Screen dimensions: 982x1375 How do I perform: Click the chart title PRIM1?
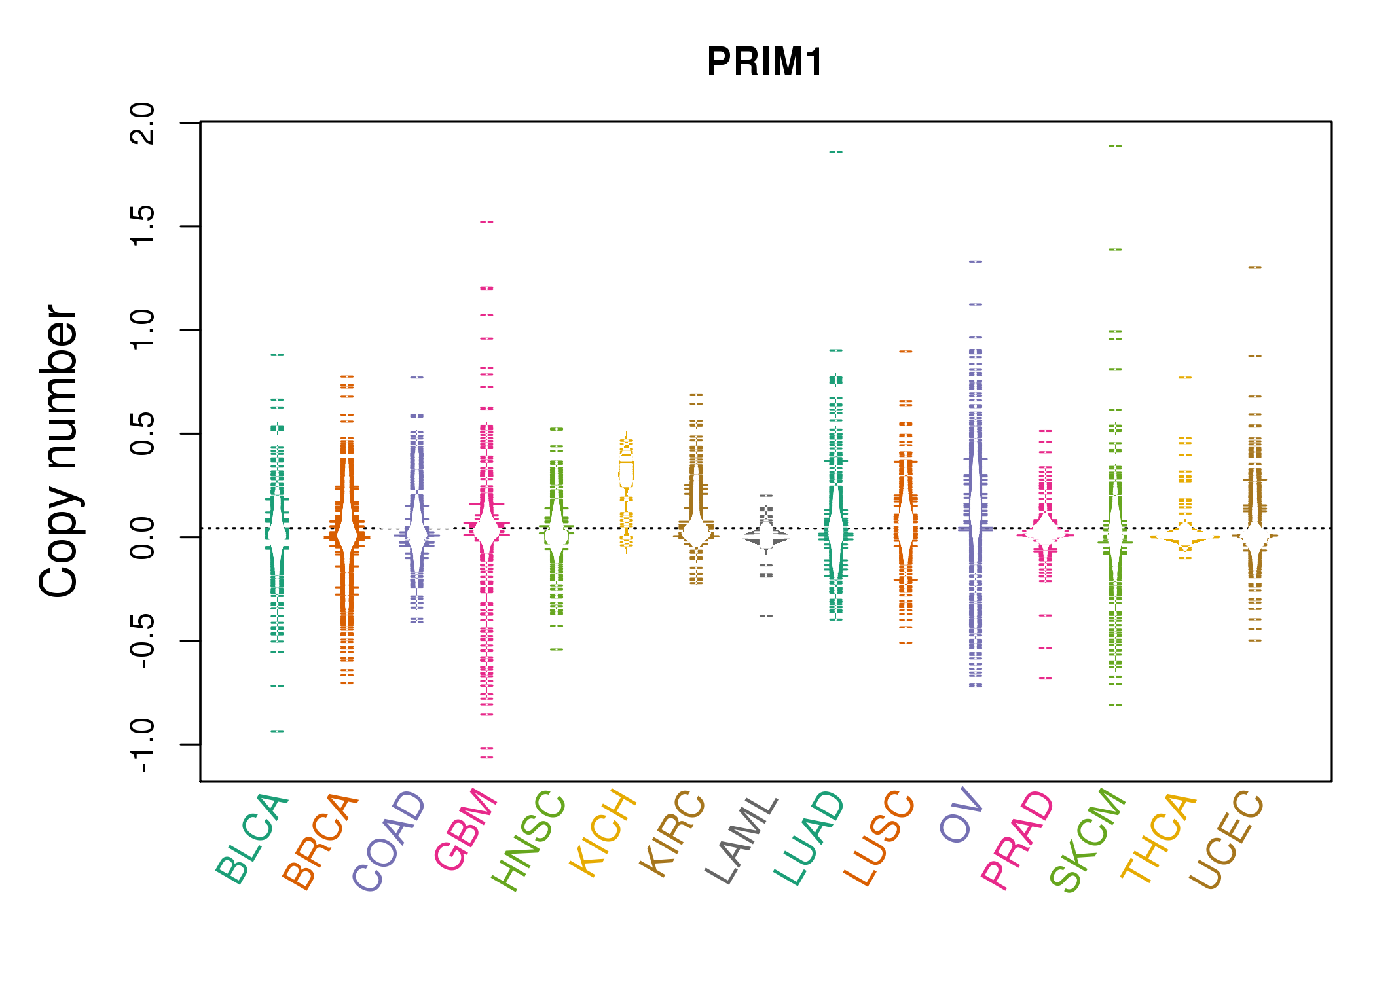(765, 63)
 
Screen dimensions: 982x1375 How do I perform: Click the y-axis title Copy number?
(59, 452)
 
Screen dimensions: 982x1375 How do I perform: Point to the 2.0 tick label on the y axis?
(143, 123)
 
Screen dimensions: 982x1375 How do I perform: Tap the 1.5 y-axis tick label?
(143, 227)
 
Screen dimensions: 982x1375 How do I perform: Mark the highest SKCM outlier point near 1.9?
(1115, 146)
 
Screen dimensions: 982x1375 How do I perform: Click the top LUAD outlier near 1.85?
(835, 152)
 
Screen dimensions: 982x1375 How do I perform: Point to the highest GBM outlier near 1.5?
(486, 222)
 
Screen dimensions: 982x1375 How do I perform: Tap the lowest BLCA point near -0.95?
(277, 731)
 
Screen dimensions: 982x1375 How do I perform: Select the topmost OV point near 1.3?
(976, 261)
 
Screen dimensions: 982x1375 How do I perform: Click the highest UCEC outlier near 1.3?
(1255, 268)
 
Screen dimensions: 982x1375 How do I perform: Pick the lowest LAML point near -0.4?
(766, 616)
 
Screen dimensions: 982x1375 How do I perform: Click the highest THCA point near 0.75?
(1185, 378)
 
